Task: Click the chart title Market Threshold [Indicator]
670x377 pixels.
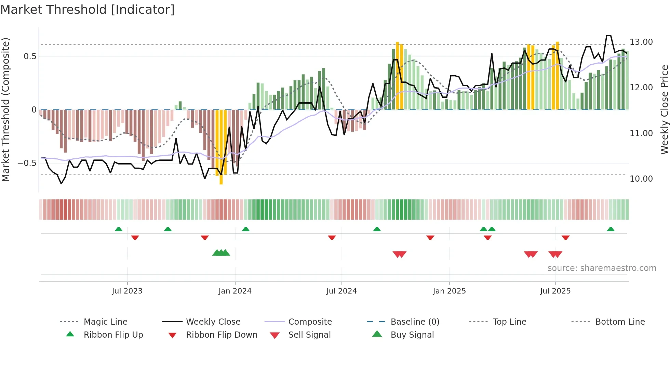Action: click(88, 10)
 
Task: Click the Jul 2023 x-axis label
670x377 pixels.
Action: click(127, 291)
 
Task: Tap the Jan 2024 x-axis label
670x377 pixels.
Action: click(235, 291)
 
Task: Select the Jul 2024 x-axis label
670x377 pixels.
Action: click(341, 291)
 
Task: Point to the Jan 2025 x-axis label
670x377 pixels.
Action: click(449, 291)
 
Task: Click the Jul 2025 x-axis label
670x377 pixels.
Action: click(555, 291)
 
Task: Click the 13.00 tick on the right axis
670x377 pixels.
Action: click(641, 42)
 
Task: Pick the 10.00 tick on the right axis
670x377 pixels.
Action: click(641, 179)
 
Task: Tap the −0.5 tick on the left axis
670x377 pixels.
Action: click(27, 163)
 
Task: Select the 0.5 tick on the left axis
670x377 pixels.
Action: click(30, 56)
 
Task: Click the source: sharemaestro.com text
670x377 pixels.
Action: click(602, 268)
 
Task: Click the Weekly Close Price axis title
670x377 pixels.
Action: click(664, 109)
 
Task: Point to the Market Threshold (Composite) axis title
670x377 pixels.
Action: click(5, 109)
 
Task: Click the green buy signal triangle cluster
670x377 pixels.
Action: click(221, 253)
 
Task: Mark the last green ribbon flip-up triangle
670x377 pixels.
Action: click(611, 229)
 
